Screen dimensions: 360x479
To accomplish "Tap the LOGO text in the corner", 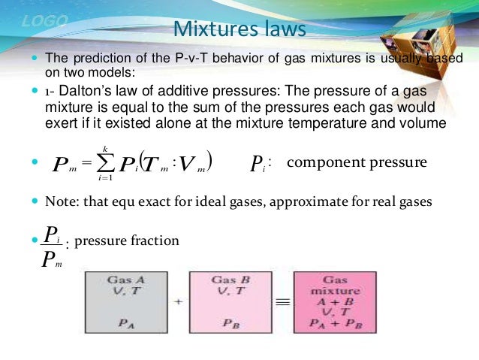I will pyautogui.click(x=45, y=21).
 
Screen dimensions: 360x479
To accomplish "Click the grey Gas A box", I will pyautogui.click(x=125, y=301).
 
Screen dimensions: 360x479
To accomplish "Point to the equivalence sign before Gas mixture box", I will pyautogui.click(x=282, y=301).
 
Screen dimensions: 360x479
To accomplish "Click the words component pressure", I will pyautogui.click(x=357, y=162).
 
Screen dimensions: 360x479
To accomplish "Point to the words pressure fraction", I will pyautogui.click(x=127, y=241).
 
